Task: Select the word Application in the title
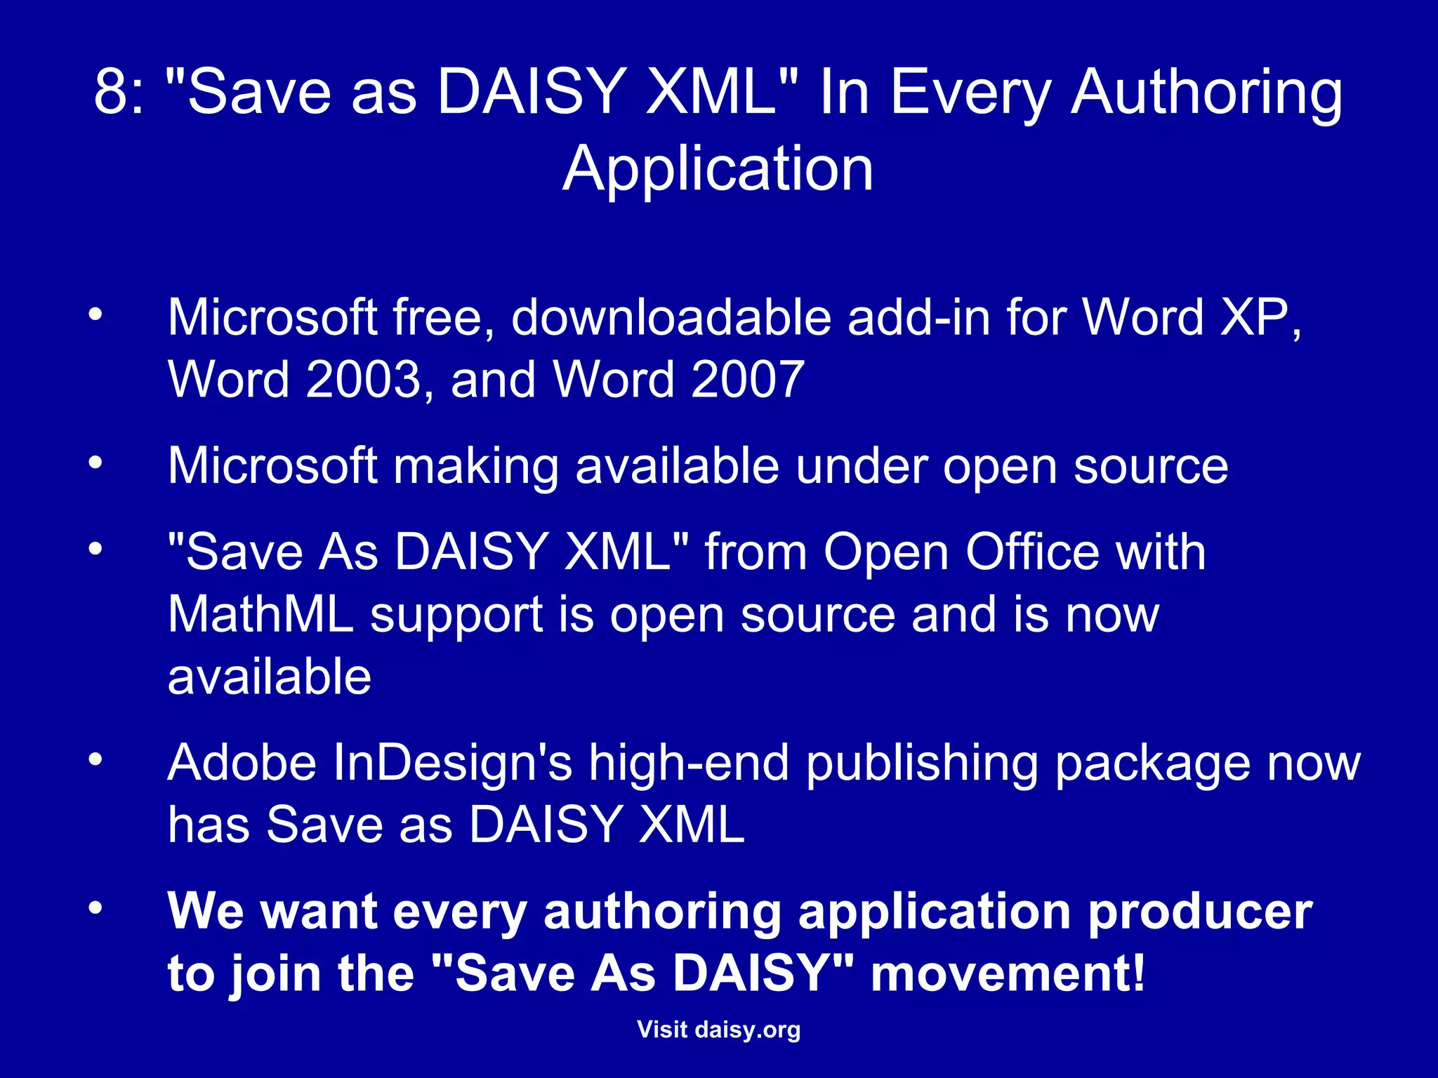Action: pos(718,169)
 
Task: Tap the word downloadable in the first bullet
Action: pos(671,318)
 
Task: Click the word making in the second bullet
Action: pos(475,466)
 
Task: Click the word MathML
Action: pos(260,615)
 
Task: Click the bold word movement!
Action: pos(1008,974)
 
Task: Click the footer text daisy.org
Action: pos(747,1030)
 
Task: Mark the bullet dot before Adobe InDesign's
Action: pos(95,759)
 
